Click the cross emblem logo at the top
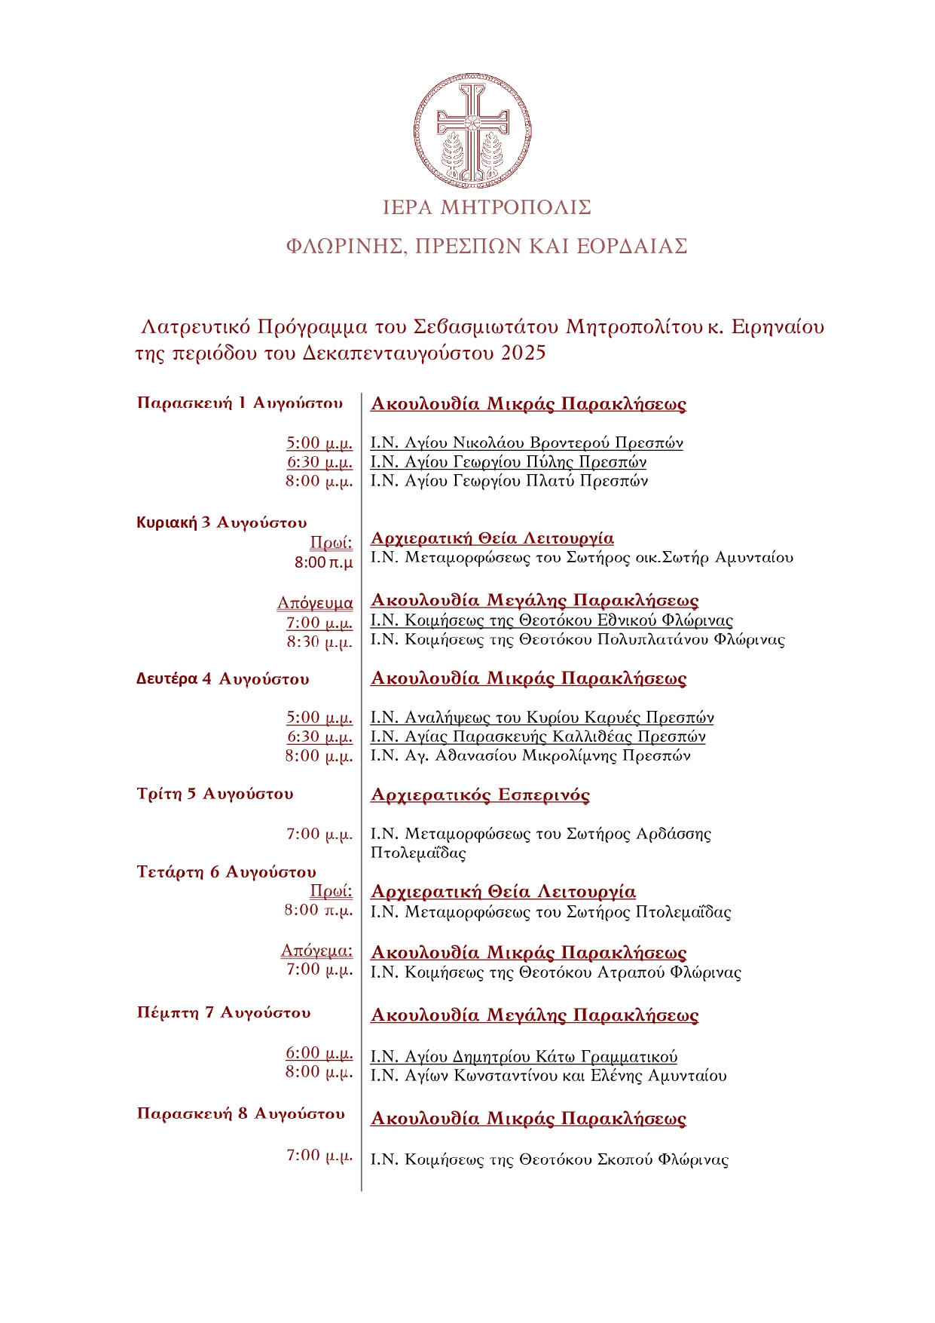[x=472, y=132]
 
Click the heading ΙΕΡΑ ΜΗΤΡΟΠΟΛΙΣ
[x=487, y=207]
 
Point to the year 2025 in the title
[x=523, y=353]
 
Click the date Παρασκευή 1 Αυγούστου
[x=240, y=403]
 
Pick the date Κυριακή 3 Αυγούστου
[x=222, y=522]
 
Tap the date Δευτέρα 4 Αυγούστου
[x=222, y=679]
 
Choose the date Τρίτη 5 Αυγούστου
[x=215, y=794]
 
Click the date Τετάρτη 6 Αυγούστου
[x=226, y=872]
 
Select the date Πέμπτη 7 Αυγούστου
[x=224, y=1012]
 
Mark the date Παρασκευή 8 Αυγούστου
[x=240, y=1114]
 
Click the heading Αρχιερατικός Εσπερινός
[x=480, y=795]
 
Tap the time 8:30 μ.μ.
[x=319, y=642]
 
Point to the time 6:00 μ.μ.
[x=319, y=1053]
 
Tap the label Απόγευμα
[x=315, y=603]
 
